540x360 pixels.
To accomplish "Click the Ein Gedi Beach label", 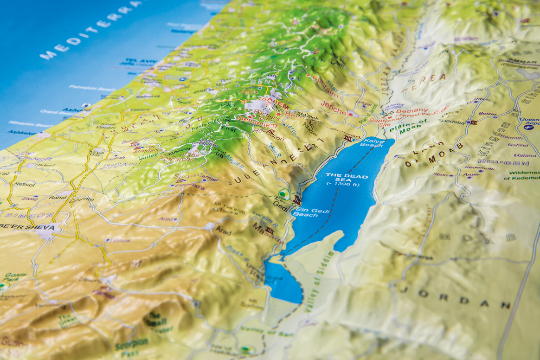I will [x=308, y=212].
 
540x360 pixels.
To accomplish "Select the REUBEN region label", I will [x=510, y=163].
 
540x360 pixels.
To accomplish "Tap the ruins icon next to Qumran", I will [x=347, y=139].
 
